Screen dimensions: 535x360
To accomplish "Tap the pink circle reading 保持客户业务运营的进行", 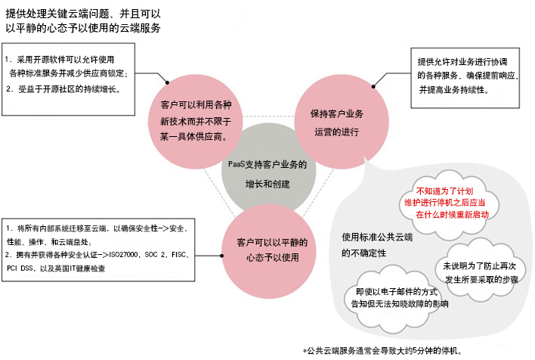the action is point(342,122).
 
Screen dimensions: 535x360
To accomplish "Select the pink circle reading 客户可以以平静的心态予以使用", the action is point(269,251).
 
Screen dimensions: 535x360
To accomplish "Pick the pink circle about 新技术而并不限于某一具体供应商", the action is point(195,122).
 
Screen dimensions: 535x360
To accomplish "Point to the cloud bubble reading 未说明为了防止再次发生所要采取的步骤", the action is point(480,272).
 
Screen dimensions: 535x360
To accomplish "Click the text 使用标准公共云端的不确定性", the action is point(377,245).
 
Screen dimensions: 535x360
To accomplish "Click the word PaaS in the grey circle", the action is point(237,164).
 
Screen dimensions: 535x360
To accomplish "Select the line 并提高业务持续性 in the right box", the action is point(454,90).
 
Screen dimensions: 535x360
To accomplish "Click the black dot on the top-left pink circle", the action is point(167,82).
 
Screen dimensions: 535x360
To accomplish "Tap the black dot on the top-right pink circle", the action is point(373,86).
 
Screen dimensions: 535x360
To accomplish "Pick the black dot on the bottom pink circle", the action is point(221,256).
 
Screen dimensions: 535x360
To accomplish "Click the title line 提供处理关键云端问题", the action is point(83,14).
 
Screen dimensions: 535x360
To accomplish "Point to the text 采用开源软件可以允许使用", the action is point(66,60).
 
